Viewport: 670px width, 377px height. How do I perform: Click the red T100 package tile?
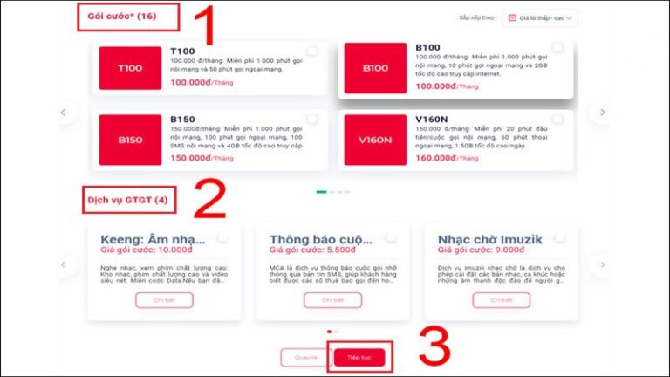[x=130, y=68]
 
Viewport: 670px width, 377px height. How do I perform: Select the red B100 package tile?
[x=375, y=68]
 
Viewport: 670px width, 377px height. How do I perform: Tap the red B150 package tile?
[x=130, y=140]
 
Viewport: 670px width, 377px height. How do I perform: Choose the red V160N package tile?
[x=375, y=140]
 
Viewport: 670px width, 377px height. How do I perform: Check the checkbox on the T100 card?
[x=312, y=51]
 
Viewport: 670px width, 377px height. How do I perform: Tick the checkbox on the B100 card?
[x=557, y=47]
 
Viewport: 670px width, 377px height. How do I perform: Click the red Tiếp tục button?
[x=359, y=358]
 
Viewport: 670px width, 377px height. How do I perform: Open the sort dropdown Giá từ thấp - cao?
[x=542, y=17]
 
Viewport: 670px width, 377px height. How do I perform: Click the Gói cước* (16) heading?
[x=122, y=17]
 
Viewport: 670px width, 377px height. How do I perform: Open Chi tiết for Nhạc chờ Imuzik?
[x=501, y=300]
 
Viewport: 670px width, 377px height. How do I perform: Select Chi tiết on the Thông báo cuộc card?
[x=332, y=300]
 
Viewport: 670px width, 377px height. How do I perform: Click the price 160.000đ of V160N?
[x=436, y=158]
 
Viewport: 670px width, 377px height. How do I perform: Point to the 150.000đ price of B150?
[x=191, y=158]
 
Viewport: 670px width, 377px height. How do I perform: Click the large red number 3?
[x=434, y=347]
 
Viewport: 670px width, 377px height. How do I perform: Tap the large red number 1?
[x=202, y=26]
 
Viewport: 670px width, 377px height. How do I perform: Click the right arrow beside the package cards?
[x=602, y=112]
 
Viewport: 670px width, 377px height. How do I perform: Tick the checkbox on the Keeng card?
[x=223, y=237]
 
